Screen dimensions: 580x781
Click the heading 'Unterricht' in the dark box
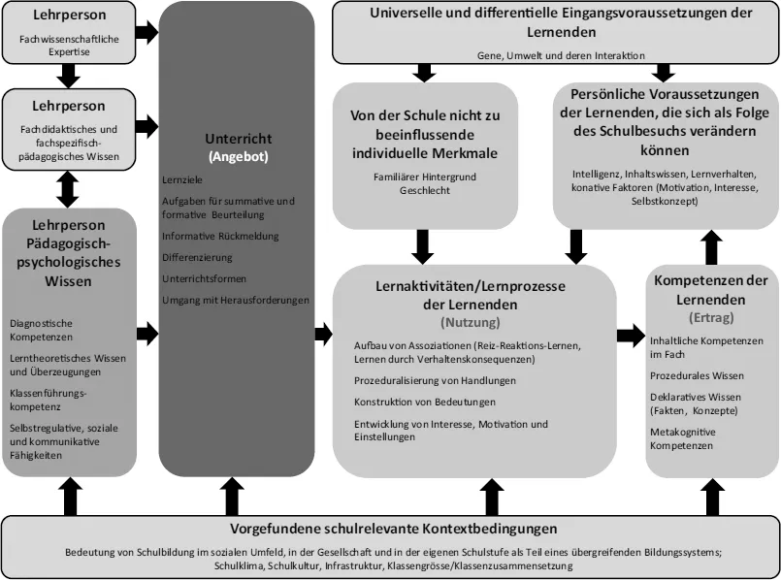tap(238, 139)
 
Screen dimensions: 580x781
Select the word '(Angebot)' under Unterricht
tap(238, 155)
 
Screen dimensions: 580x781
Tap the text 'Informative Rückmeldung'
tap(221, 235)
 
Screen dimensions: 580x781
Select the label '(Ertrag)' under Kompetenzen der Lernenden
tap(712, 316)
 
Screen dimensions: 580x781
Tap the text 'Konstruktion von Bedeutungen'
tap(425, 402)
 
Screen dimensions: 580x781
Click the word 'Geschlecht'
tap(423, 190)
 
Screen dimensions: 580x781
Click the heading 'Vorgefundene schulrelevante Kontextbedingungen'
tap(393, 530)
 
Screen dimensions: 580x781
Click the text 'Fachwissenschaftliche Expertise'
tap(67, 46)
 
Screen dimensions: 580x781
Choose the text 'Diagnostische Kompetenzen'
tap(47, 330)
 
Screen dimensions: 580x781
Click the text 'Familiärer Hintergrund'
tap(423, 177)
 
